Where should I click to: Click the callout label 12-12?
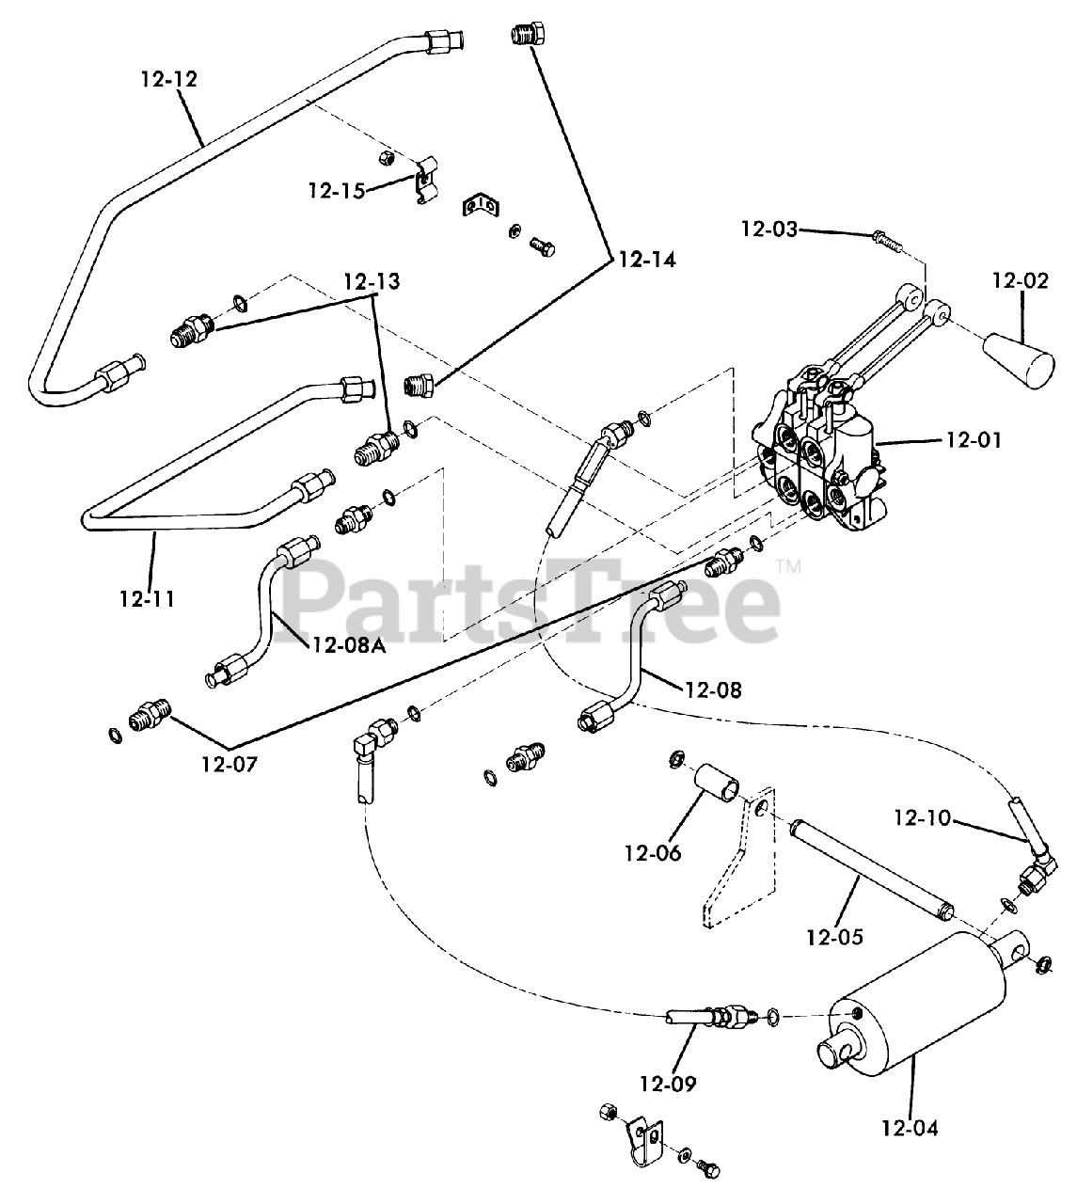pos(169,79)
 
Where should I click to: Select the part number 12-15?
pos(336,191)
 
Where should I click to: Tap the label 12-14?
pos(646,260)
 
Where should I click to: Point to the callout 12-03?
pos(768,229)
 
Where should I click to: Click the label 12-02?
pos(1021,280)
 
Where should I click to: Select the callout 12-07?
pos(229,763)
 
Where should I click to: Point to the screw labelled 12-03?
pos(889,240)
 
